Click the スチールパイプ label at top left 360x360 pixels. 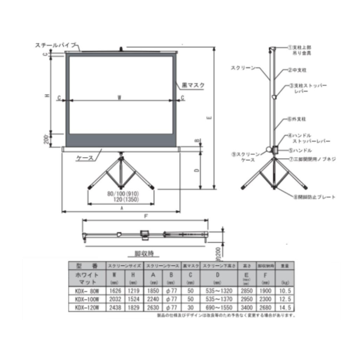[56, 45]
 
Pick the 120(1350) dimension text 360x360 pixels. [122, 200]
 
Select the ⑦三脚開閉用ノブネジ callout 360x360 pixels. [312, 160]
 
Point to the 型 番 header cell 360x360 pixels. [83, 265]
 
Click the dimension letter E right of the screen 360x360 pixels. [207, 118]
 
